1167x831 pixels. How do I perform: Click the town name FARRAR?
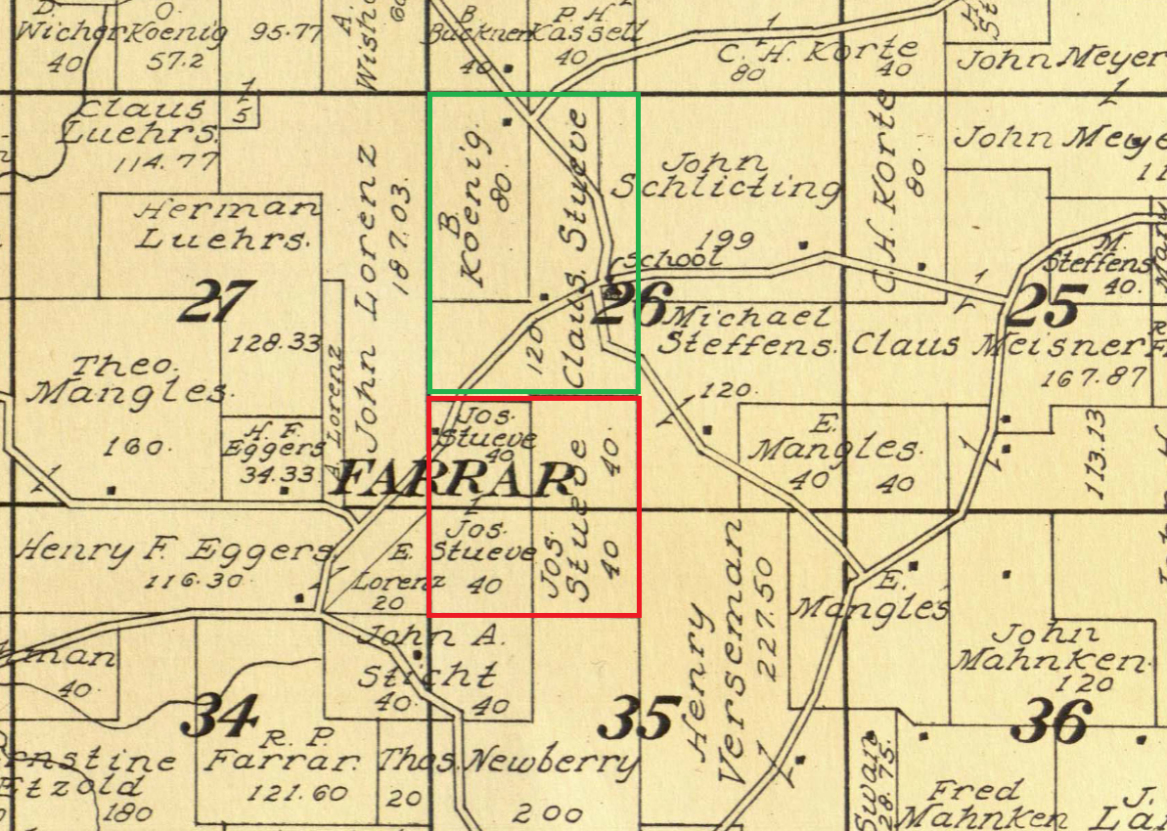[452, 480]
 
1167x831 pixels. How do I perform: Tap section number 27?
[216, 301]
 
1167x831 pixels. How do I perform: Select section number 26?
[633, 304]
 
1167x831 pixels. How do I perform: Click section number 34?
[224, 716]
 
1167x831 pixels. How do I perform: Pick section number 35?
[640, 719]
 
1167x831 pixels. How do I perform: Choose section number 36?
[1053, 723]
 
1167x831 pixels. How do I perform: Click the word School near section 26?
[675, 259]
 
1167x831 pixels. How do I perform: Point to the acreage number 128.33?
[265, 343]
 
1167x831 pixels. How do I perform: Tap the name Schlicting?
[725, 188]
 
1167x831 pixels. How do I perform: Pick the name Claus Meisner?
[996, 345]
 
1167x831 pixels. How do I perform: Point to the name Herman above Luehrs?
[228, 208]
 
